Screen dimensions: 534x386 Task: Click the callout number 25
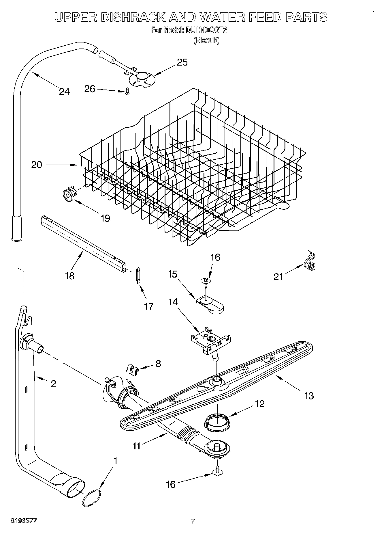(182, 62)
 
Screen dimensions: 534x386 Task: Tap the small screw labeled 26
(127, 92)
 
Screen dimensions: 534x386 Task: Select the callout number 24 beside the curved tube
(64, 92)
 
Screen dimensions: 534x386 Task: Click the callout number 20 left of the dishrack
(37, 165)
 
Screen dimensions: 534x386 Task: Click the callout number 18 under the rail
(70, 276)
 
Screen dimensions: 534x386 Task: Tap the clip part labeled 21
(310, 263)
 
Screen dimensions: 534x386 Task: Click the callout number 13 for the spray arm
(309, 395)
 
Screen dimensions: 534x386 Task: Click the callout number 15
(172, 274)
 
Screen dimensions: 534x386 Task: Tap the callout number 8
(158, 364)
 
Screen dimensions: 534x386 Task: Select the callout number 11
(136, 446)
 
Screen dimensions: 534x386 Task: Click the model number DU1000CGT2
(206, 30)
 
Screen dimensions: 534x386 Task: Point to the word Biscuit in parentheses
(206, 40)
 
